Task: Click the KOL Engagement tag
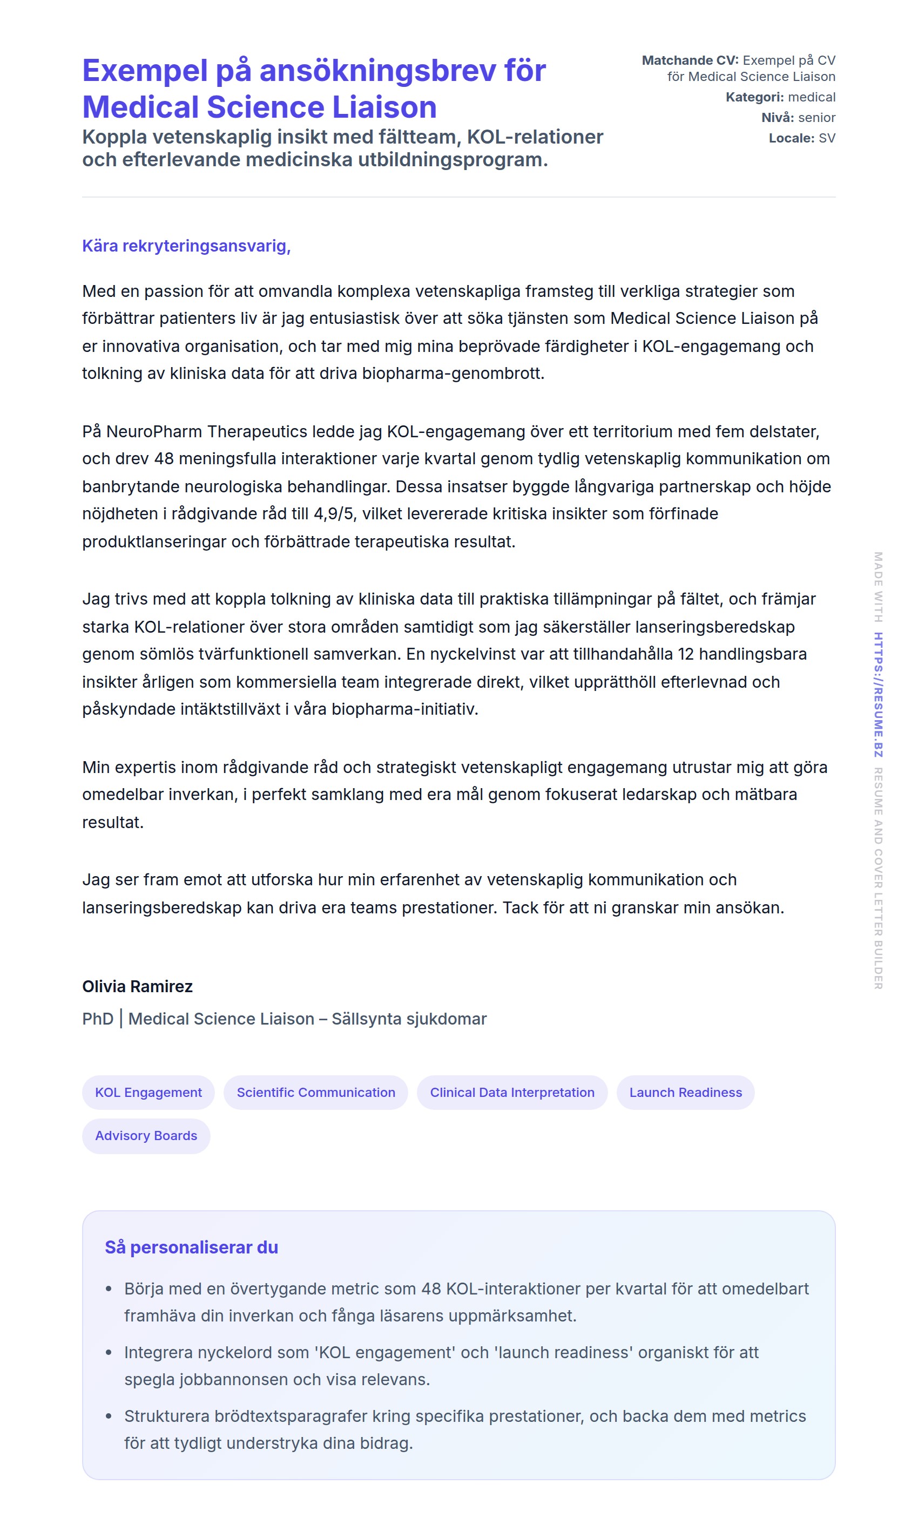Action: click(148, 1093)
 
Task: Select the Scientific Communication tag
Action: click(315, 1093)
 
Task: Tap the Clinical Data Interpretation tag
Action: click(512, 1093)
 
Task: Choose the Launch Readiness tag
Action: click(685, 1093)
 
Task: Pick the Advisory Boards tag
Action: click(146, 1136)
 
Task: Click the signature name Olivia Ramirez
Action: click(137, 986)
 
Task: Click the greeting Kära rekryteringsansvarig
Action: click(186, 246)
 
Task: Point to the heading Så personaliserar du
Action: click(191, 1247)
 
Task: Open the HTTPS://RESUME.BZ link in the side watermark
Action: click(878, 694)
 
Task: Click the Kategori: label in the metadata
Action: click(754, 97)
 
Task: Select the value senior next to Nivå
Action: click(816, 118)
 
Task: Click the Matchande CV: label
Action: click(690, 60)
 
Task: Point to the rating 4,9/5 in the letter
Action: click(335, 514)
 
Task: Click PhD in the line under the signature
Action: click(98, 1019)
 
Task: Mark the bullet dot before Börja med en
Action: click(109, 1289)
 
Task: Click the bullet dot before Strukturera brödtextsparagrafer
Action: click(109, 1416)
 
